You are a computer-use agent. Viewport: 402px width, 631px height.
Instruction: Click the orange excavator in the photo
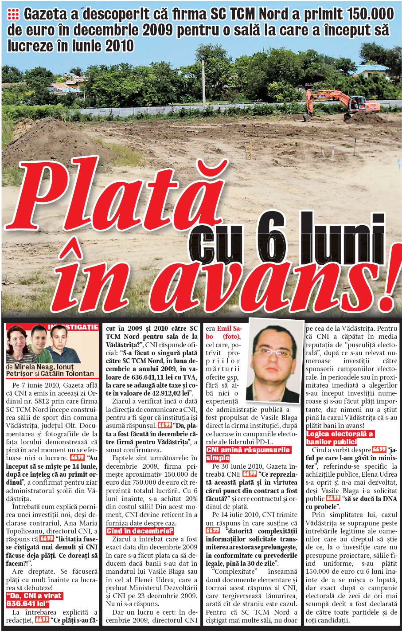coord(341,102)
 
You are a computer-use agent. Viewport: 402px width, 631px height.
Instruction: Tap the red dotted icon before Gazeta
coord(13,15)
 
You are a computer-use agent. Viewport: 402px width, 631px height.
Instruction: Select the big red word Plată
coord(120,191)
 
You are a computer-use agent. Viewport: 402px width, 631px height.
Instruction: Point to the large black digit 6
coord(271,237)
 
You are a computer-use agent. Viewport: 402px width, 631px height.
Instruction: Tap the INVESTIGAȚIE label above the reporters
coord(73,327)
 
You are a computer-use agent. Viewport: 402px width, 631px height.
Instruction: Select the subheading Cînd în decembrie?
coord(140,531)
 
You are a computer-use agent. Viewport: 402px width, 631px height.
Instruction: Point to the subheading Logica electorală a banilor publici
coord(340,438)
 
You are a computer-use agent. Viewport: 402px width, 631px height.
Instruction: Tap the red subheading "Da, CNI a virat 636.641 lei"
coord(34,600)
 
